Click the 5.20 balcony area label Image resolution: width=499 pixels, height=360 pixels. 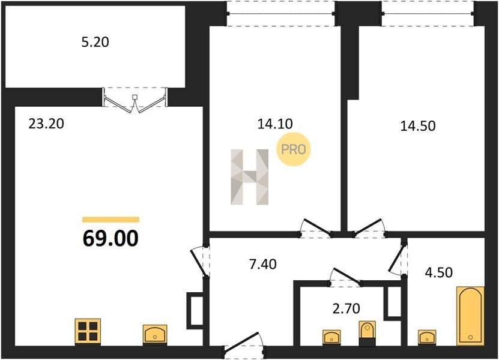click(95, 42)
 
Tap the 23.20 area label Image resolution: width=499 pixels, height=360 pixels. click(46, 124)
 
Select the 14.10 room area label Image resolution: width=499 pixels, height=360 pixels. click(275, 124)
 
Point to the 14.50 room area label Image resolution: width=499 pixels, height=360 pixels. click(418, 126)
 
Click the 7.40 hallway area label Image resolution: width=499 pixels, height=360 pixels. click(262, 264)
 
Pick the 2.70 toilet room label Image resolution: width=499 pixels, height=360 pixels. click(346, 308)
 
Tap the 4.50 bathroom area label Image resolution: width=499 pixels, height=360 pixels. click(439, 272)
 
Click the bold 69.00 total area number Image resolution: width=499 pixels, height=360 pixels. click(110, 239)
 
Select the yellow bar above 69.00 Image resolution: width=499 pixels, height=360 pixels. click(110, 220)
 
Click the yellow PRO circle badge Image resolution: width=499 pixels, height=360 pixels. click(293, 149)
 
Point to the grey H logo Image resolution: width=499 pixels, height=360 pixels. click(250, 177)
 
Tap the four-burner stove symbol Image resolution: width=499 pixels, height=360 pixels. click(88, 332)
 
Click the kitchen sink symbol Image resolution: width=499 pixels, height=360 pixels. click(155, 334)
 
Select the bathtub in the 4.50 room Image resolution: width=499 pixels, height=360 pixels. click(470, 316)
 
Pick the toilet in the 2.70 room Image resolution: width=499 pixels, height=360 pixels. click(367, 333)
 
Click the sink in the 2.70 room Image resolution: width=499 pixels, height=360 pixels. click(331, 337)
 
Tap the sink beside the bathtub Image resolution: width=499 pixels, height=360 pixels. click(427, 338)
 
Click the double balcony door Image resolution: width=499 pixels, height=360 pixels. click(135, 100)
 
